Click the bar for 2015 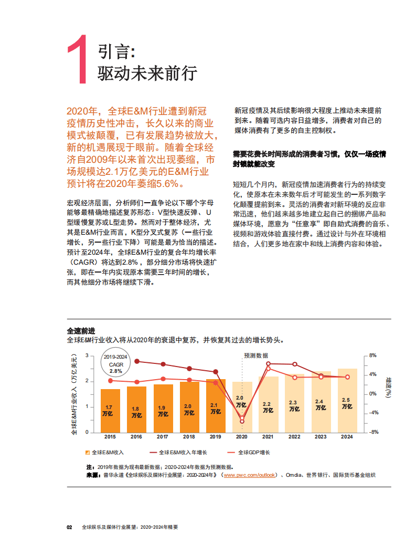(110, 411)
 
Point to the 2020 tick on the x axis (242, 436)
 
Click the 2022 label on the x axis (294, 436)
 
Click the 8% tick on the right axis (372, 356)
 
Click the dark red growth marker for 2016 (137, 361)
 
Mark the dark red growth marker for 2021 (268, 363)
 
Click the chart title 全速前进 (81, 331)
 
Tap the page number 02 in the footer (69, 527)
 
